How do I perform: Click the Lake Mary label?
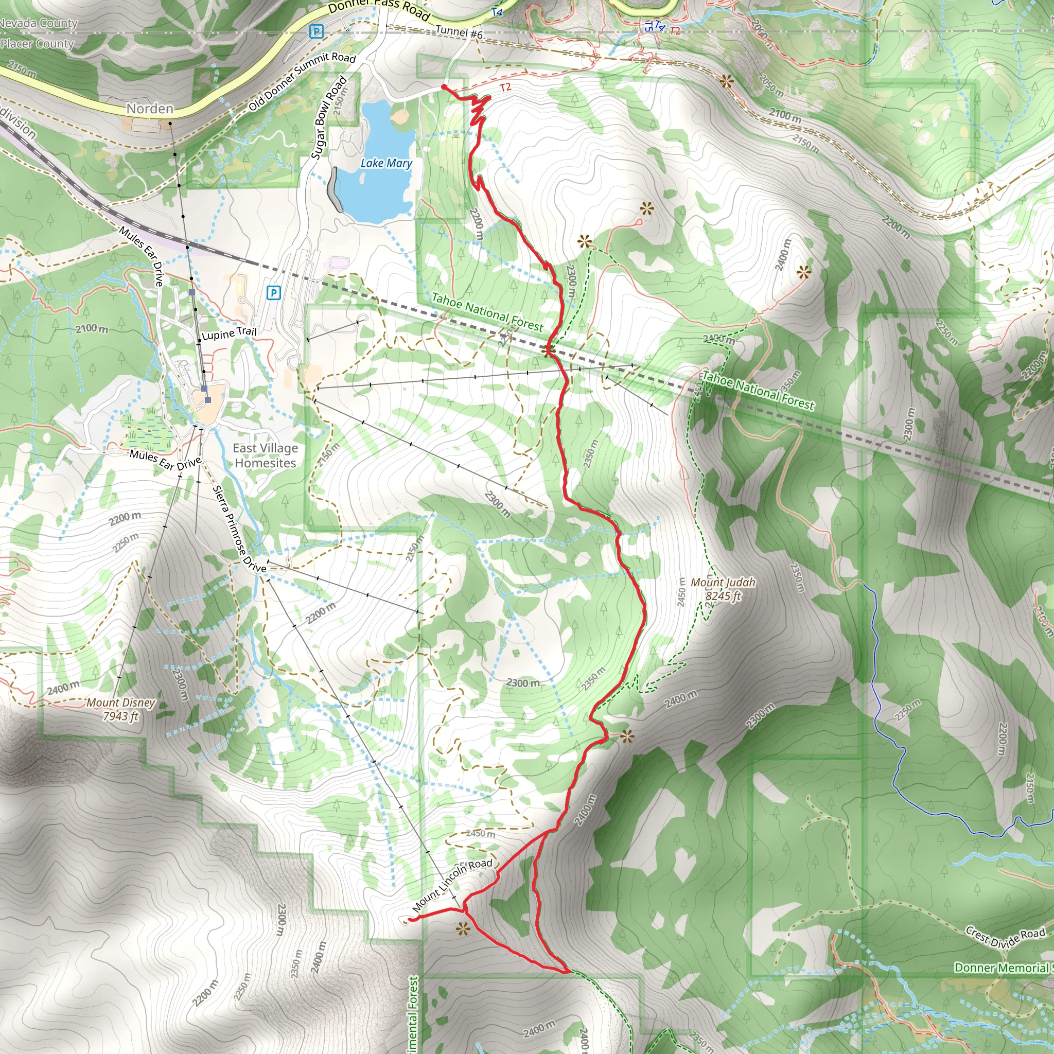387,163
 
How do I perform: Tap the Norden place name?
150,109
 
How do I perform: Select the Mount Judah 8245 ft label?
723,589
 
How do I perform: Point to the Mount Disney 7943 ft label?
120,709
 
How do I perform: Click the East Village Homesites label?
265,455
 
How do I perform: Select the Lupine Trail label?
229,333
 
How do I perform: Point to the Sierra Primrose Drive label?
239,529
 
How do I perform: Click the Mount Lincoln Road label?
452,885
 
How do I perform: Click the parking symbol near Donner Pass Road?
316,31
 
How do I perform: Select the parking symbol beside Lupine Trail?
273,293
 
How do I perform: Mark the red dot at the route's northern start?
444,87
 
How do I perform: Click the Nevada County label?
38,23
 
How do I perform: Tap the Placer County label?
37,44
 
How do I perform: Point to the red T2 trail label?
505,87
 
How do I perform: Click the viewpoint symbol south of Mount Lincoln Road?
463,929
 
